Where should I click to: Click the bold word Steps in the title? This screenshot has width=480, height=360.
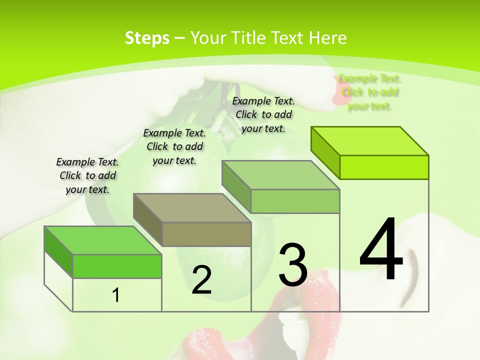coord(147,38)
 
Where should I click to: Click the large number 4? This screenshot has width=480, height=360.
coord(381,249)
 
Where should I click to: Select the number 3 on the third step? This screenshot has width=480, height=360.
coord(293,264)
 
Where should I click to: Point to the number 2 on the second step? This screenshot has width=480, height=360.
coord(201,280)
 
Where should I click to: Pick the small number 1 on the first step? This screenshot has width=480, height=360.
coord(116,295)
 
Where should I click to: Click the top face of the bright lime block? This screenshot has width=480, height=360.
coord(370,140)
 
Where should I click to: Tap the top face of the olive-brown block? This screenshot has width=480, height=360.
coord(192,207)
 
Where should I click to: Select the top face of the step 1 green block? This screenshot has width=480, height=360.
coord(103,240)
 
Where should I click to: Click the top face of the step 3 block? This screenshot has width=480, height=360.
coord(281,175)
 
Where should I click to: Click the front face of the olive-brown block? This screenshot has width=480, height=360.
coord(206,234)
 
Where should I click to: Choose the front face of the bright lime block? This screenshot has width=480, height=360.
coord(384,167)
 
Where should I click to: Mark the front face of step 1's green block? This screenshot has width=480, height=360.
coord(117,266)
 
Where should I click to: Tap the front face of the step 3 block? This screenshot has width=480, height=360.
coord(295,201)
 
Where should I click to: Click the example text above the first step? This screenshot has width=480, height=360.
coord(87,175)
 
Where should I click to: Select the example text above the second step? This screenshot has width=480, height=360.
coord(174,146)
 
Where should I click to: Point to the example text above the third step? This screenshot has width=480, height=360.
coord(263,114)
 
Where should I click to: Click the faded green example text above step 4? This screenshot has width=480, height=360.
coord(369,92)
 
